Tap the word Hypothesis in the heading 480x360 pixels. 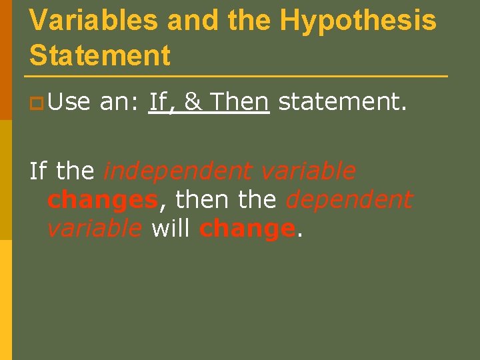pyautogui.click(x=358, y=20)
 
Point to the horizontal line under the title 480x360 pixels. pyautogui.click(x=238, y=76)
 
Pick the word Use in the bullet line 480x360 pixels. pyautogui.click(x=69, y=102)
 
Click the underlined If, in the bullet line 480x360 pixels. pyautogui.click(x=162, y=103)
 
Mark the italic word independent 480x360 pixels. pyautogui.click(x=179, y=171)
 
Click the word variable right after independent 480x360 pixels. pyautogui.click(x=308, y=171)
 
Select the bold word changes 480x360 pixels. pyautogui.click(x=102, y=199)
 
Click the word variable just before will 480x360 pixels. pyautogui.click(x=95, y=228)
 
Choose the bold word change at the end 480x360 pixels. pyautogui.click(x=247, y=229)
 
